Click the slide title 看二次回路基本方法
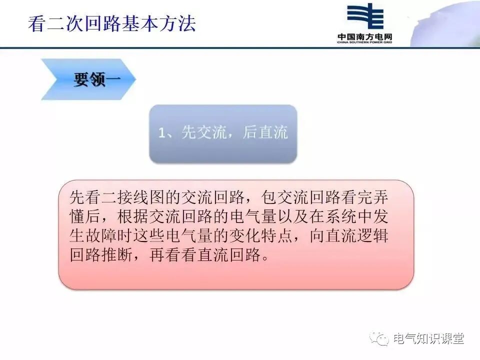tap(112, 24)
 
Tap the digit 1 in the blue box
tap(162, 133)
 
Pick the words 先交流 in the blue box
tap(203, 133)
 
